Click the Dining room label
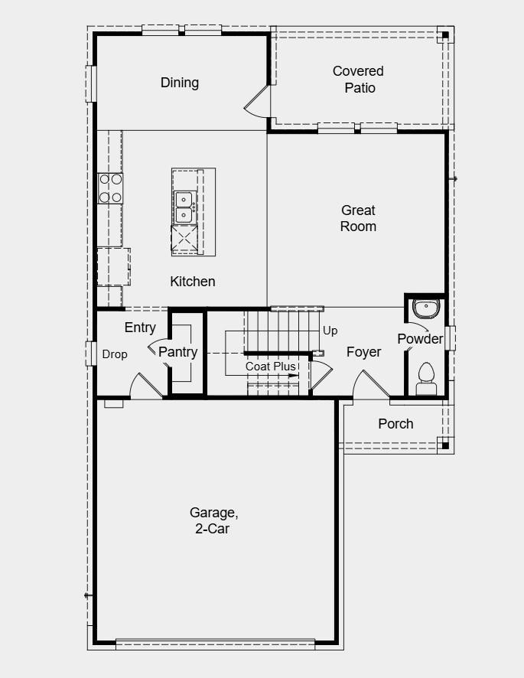(180, 83)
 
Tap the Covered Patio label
(358, 80)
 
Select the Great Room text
(358, 218)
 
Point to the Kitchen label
(192, 282)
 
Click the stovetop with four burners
(110, 188)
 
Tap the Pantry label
(177, 352)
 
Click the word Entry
(140, 328)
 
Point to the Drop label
(115, 354)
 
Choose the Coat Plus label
(270, 367)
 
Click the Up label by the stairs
(330, 331)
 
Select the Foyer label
(363, 352)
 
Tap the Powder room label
(420, 338)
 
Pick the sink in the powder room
(425, 308)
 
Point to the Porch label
(395, 423)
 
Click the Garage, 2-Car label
(210, 520)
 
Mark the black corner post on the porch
(443, 444)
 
